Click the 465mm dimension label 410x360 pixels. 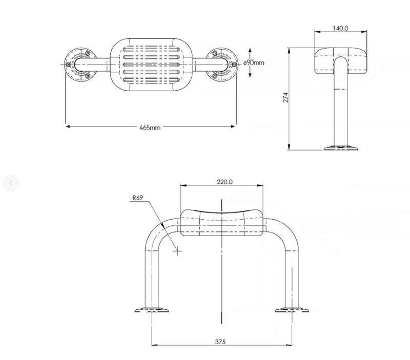150,128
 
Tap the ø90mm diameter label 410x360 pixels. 254,62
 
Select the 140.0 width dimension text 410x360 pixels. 340,28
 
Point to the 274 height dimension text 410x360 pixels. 285,97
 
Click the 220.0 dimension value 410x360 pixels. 224,182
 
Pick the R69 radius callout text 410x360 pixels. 137,198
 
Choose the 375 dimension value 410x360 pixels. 220,342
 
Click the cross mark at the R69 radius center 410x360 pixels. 177,251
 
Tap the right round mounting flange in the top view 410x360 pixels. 222,65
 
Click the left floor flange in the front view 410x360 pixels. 151,310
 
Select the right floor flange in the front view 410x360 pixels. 292,310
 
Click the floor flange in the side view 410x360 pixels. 341,148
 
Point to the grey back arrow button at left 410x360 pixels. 11,183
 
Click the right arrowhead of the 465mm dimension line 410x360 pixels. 233,126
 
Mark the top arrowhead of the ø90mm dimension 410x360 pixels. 250,51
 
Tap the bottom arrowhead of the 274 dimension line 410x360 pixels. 289,147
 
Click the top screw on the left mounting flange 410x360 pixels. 88,53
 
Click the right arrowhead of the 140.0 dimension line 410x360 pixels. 364,32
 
